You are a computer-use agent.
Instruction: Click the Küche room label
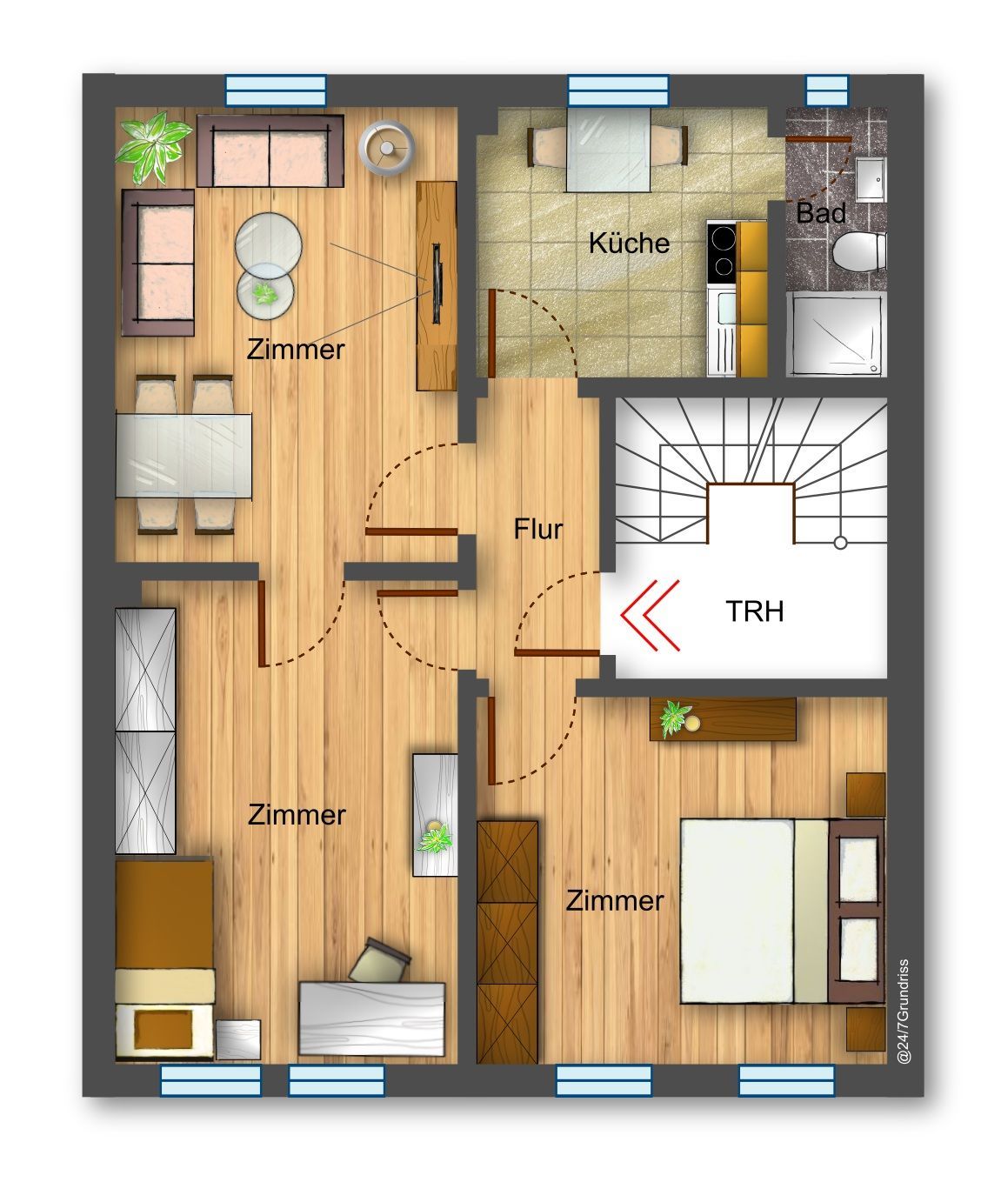click(629, 244)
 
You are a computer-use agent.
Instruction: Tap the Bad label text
click(821, 213)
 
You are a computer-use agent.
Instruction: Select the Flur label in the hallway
click(538, 529)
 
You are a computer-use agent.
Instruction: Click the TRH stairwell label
click(754, 611)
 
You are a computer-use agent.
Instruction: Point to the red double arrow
click(650, 615)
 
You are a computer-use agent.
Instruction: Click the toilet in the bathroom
click(859, 251)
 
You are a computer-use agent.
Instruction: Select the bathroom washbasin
click(871, 179)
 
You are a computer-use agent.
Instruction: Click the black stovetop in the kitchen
click(722, 252)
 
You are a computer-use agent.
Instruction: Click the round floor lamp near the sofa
click(386, 148)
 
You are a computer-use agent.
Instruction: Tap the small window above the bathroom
click(827, 90)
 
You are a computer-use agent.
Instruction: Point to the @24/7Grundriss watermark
click(904, 1011)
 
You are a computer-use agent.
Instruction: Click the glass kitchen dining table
click(608, 150)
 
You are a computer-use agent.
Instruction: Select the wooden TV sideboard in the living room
click(437, 286)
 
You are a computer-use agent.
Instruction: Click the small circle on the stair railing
click(840, 543)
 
